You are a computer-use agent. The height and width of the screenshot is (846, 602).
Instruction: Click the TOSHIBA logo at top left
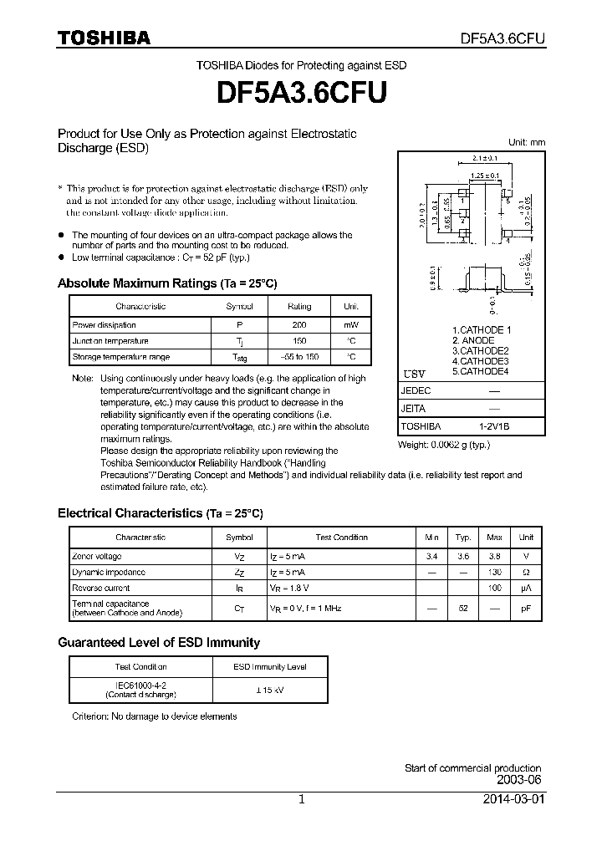(x=104, y=38)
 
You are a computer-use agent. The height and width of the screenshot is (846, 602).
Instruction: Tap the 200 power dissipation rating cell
(x=298, y=324)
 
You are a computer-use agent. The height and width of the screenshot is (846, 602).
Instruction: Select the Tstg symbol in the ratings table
(x=239, y=358)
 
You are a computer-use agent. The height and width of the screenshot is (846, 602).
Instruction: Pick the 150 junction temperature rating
(x=298, y=341)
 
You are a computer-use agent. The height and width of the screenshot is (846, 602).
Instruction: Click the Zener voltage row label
(x=97, y=556)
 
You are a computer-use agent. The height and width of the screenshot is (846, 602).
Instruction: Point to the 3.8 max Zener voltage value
(x=494, y=556)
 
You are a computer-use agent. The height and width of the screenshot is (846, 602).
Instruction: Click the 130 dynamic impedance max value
(x=494, y=572)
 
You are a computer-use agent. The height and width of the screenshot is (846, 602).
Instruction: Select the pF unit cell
(x=526, y=609)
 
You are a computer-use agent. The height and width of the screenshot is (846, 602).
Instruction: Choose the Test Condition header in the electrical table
(x=341, y=538)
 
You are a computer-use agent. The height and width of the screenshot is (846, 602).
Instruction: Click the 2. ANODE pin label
(x=473, y=340)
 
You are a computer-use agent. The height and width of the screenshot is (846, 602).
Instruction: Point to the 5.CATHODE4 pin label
(x=480, y=371)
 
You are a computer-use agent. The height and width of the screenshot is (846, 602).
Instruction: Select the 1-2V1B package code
(x=494, y=426)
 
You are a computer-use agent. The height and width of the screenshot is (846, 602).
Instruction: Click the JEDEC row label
(x=416, y=390)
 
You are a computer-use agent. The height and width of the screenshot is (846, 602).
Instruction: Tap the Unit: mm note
(x=527, y=142)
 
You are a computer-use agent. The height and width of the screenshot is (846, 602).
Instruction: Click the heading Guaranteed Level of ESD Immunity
(x=159, y=643)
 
